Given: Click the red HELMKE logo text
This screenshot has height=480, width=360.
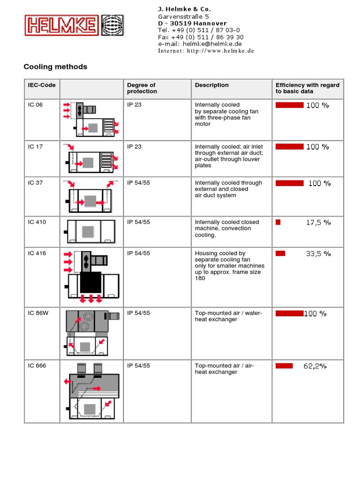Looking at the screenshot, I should coord(61,25).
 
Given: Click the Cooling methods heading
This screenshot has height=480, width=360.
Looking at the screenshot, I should coord(55,67).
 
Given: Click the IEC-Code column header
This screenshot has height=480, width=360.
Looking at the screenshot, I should coord(41,85).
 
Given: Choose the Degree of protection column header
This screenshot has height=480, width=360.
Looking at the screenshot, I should coord(142,88).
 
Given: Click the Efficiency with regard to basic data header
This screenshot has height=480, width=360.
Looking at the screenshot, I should coord(307,88).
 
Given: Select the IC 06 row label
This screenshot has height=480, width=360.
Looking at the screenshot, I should coord(35,105).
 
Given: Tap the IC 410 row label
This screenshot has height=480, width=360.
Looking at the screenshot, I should coord(37,222).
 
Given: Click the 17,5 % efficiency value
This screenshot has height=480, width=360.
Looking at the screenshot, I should coord(318,223).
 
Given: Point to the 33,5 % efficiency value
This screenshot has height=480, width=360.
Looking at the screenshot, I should coord(318,254).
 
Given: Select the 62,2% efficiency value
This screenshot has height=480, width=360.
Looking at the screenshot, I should coord(315,366).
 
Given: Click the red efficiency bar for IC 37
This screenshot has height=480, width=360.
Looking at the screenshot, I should coord(289,183).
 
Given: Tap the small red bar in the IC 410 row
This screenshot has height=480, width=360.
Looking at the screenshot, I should coord(278,222).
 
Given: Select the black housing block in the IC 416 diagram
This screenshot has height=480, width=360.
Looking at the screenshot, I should coord(90,282).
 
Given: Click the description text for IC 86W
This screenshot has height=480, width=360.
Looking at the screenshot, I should coord(228,316).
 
